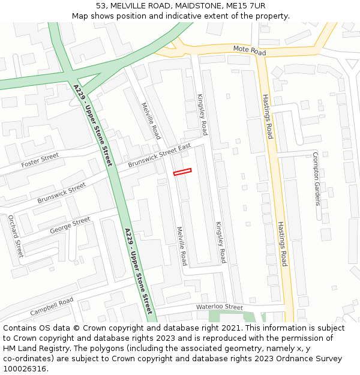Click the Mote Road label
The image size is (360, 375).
[249, 50]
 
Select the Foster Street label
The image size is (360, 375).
[40, 160]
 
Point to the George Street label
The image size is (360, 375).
[70, 225]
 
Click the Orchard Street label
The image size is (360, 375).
[15, 236]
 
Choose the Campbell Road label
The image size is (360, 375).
[52, 307]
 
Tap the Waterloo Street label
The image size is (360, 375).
[219, 307]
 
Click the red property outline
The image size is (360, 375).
[182, 172]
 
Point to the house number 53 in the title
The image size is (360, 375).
[101, 5]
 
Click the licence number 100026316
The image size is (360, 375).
[25, 369]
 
